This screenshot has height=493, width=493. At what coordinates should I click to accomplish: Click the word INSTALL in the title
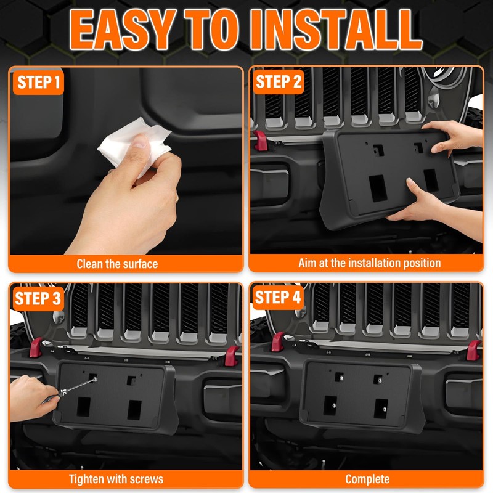pyautogui.click(x=336, y=29)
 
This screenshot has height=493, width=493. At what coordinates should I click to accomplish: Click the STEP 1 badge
pyautogui.click(x=38, y=83)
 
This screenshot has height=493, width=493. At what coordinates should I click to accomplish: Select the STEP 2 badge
pyautogui.click(x=279, y=82)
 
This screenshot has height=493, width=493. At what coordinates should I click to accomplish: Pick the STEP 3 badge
pyautogui.click(x=38, y=298)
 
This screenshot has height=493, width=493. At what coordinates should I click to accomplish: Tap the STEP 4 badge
pyautogui.click(x=278, y=298)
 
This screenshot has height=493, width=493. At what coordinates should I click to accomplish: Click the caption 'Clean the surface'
pyautogui.click(x=117, y=264)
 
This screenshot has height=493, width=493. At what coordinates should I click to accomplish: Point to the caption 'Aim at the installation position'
pyautogui.click(x=369, y=263)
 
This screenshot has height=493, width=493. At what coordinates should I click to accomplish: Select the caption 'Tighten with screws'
pyautogui.click(x=116, y=479)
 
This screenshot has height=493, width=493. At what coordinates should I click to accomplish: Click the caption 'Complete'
pyautogui.click(x=367, y=479)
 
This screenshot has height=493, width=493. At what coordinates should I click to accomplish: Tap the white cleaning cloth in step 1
pyautogui.click(x=135, y=145)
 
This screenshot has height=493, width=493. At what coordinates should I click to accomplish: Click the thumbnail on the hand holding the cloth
pyautogui.click(x=141, y=142)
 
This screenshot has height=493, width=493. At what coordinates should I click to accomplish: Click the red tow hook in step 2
pyautogui.click(x=261, y=141)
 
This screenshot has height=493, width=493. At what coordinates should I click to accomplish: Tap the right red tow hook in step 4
pyautogui.click(x=473, y=350)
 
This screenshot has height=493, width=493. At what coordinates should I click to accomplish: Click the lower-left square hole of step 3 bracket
pyautogui.click(x=84, y=407)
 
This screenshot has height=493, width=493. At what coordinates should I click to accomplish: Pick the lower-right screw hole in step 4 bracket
pyautogui.click(x=381, y=409)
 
